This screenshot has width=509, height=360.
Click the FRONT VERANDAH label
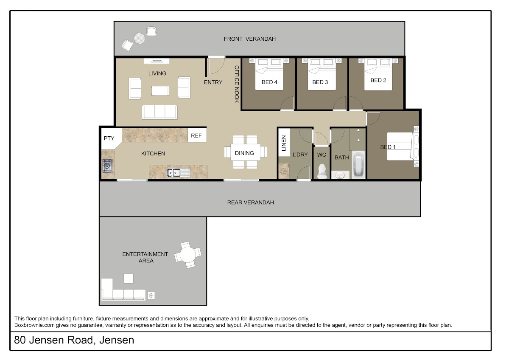pos(249,39)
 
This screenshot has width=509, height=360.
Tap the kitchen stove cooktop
pos(107,166)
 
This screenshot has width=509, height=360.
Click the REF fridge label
pos(196,135)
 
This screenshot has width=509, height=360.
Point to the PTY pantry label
pos(109,138)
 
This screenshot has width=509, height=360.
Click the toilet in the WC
pos(322,171)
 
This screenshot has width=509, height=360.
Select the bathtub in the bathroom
pos(359,164)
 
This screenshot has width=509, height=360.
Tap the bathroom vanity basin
pos(340,175)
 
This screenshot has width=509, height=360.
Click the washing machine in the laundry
pos(284,171)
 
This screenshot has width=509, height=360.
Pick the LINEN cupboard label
pos(284,143)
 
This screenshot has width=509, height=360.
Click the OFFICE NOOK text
pos(237,84)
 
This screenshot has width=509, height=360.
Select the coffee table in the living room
pos(160,91)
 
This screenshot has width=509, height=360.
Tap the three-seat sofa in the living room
pos(159,112)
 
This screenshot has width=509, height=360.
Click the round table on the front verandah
pos(139,39)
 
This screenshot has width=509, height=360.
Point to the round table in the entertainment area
pos(187,255)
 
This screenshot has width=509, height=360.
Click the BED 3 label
pos(320,82)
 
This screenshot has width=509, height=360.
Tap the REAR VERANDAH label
pos(250,202)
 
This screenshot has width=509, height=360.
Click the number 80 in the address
pos(20,340)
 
